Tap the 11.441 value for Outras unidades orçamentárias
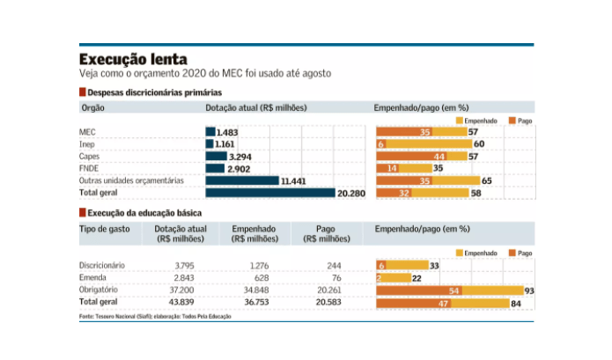[x=293, y=180]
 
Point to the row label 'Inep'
[x=89, y=143]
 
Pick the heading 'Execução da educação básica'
[x=144, y=214]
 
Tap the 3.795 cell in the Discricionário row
[x=184, y=265]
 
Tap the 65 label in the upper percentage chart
[x=487, y=180]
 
